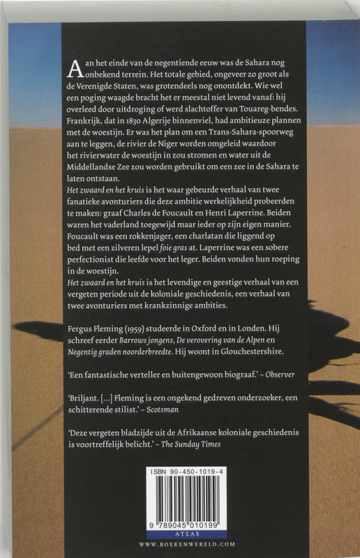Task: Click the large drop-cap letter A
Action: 74,68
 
